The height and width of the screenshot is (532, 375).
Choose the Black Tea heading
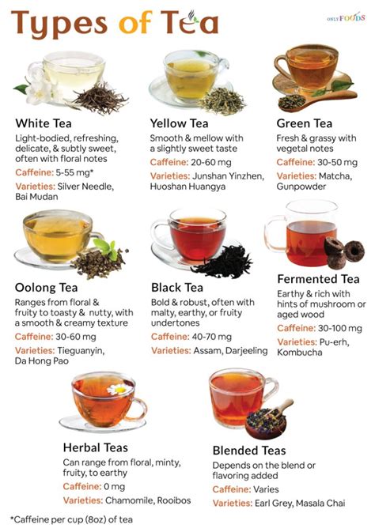(181, 286)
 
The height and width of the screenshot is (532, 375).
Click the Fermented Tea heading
(318, 279)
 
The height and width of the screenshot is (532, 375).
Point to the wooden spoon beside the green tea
(316, 93)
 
